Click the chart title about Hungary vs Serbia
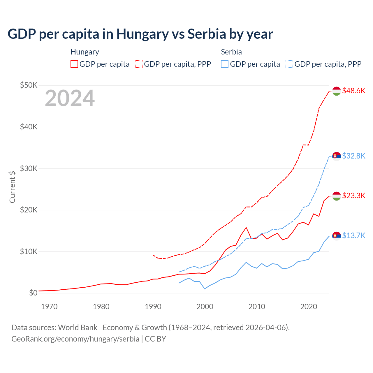pos(140,34)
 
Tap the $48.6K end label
pos(353,91)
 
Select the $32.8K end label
pos(353,156)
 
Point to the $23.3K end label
pos(353,196)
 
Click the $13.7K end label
pos(353,235)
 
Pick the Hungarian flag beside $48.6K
pos(337,91)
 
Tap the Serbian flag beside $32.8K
pos(337,156)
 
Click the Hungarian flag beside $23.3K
pos(337,196)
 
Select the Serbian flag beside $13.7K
pos(337,235)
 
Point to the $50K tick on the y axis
pos(29,85)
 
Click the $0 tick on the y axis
pos(33,293)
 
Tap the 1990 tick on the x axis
pos(153,307)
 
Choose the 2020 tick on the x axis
pos(309,307)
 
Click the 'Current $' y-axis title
pos(12,187)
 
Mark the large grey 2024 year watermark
pos(70,98)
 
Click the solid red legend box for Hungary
pos(74,64)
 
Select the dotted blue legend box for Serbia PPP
pos(289,64)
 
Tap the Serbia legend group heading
pos(231,52)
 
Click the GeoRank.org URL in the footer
pos(75,339)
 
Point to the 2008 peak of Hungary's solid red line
pos(246,227)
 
